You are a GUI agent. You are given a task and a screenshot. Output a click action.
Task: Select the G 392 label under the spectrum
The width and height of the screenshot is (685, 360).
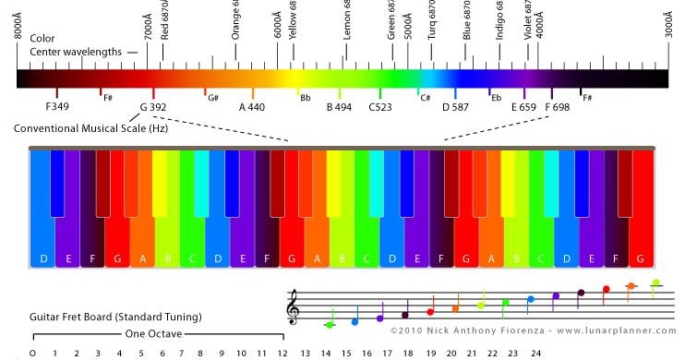(153, 107)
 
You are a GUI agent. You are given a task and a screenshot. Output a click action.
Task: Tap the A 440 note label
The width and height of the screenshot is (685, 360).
(252, 107)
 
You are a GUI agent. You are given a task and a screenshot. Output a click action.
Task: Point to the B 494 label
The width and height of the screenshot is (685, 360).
(340, 107)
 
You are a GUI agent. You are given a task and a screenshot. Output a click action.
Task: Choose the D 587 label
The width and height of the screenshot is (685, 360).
(456, 107)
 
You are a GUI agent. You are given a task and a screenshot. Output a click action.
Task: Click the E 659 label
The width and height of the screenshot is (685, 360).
(524, 107)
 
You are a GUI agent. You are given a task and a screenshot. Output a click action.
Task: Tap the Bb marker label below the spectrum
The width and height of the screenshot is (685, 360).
(305, 97)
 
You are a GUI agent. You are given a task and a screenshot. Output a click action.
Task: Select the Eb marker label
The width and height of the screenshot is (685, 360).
(496, 97)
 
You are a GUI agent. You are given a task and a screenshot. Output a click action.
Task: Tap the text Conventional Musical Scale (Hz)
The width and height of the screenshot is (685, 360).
(90, 127)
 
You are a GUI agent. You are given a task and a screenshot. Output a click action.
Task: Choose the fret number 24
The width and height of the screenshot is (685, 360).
(535, 353)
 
